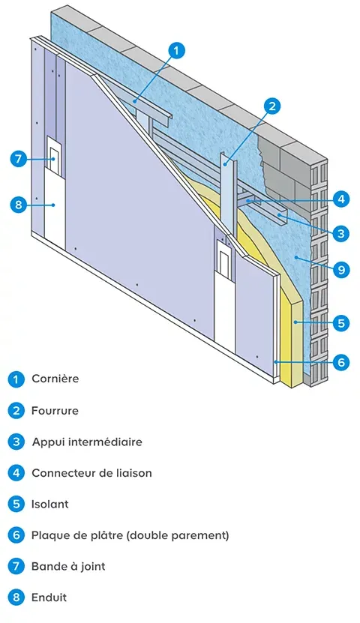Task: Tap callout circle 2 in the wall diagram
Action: point(272,106)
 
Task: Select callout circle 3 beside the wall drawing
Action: point(340,234)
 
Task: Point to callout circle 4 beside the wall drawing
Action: point(340,199)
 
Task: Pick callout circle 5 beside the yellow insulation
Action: point(340,324)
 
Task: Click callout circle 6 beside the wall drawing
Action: point(340,362)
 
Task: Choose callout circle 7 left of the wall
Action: point(19,159)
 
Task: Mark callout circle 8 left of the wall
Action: point(19,203)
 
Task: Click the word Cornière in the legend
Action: point(55,379)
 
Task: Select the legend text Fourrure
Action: point(55,411)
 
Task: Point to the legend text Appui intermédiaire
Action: point(86,442)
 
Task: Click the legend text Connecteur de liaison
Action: point(91,473)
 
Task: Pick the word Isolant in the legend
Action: point(49,504)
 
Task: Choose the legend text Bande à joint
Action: point(68,566)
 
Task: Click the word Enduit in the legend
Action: point(49,598)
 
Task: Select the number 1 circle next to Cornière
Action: point(16,379)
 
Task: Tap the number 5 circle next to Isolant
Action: point(16,505)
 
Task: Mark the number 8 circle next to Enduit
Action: point(16,598)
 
